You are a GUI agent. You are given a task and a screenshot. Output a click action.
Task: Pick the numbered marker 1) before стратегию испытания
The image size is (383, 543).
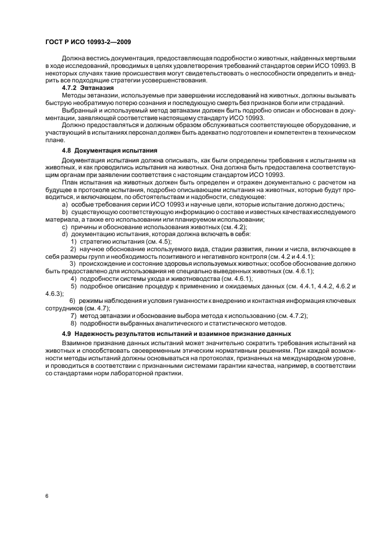tap(74, 240)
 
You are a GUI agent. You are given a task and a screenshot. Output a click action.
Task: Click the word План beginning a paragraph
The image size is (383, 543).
tap(70, 182)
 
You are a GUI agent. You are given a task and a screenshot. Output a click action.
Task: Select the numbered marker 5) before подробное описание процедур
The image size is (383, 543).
tap(74, 287)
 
